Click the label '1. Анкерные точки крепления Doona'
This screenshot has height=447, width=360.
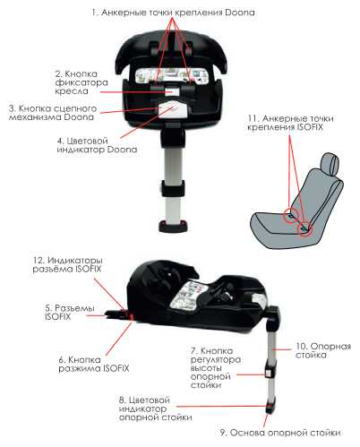tap(173, 13)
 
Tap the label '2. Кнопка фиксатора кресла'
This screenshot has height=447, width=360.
tap(81, 82)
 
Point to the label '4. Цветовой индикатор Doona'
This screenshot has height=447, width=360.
tap(97, 145)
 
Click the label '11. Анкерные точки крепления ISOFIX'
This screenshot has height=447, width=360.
tap(290, 123)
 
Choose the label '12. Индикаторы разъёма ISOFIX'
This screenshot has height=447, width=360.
tap(67, 264)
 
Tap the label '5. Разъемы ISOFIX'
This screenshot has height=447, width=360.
tap(70, 312)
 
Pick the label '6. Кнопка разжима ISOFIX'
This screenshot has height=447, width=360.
tap(94, 364)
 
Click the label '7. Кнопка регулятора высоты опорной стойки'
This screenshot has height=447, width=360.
tap(216, 368)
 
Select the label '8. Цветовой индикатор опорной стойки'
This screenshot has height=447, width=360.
tap(155, 408)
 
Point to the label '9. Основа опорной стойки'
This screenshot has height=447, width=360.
tap(280, 433)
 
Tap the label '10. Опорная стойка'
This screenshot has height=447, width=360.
tap(323, 350)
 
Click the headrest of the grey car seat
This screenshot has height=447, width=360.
tap(331, 164)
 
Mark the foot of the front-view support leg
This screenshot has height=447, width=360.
tap(174, 226)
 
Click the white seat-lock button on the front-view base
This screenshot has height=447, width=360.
tap(172, 91)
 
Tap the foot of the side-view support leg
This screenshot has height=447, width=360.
tap(270, 408)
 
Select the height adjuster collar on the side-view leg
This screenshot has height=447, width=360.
tap(270, 370)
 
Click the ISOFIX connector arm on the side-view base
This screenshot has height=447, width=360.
tap(117, 314)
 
